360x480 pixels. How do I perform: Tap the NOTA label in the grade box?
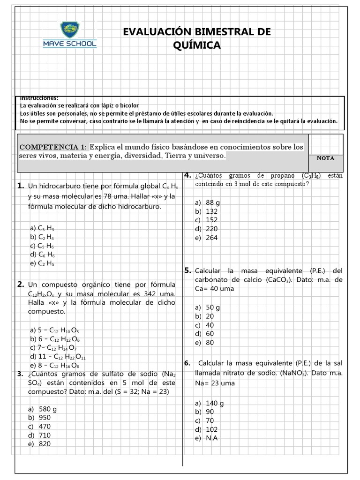pos(325,158)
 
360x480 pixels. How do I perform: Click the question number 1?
pos(20,186)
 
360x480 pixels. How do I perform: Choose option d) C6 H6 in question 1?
pos(42,255)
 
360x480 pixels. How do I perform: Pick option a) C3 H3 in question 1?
pos(42,228)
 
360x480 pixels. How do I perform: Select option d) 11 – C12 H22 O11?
pos(57,356)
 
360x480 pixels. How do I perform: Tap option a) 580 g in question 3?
pos(42,409)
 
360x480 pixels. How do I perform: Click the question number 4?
pos(187,175)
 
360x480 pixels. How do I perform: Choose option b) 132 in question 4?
pos(206,211)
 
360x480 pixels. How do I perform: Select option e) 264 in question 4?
pos(206,238)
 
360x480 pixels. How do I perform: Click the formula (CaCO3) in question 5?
pos(278,280)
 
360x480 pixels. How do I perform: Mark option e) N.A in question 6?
pos(207,438)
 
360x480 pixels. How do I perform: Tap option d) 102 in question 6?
pos(207,429)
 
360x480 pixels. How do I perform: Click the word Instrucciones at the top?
pos(39,98)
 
